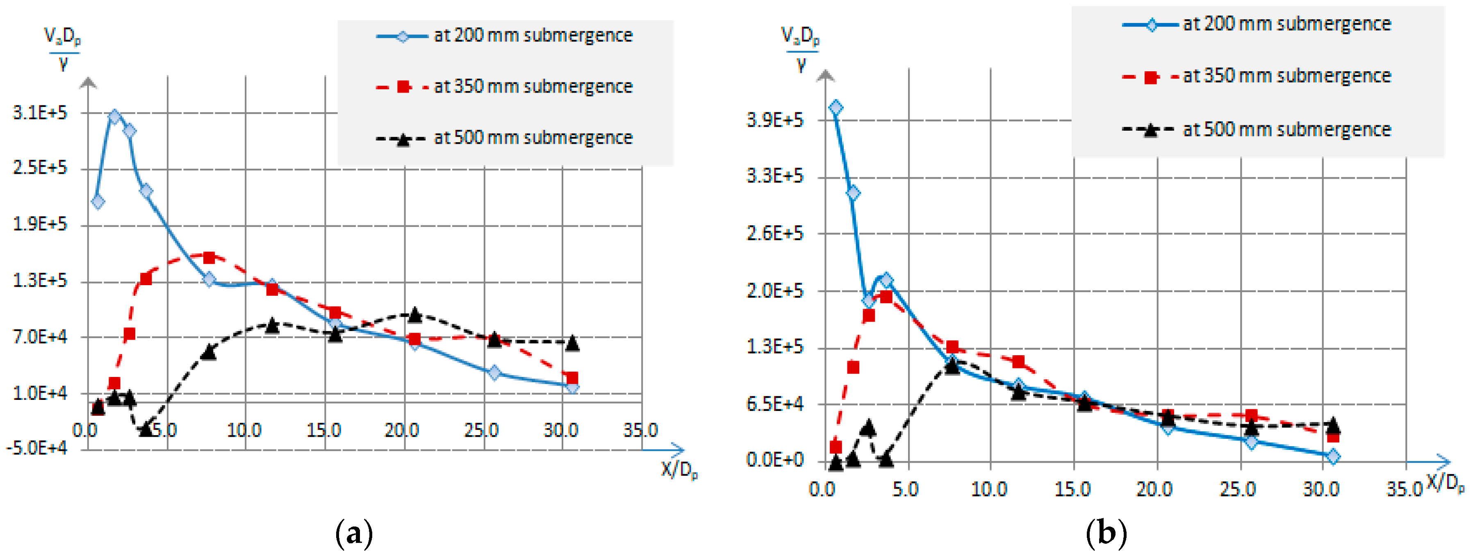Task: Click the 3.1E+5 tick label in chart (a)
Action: click(39, 113)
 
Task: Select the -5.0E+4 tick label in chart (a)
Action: click(36, 448)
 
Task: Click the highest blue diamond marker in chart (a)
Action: click(114, 117)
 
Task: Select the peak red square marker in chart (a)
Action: click(209, 258)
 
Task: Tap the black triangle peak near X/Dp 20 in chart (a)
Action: click(415, 315)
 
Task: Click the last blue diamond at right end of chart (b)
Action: click(1333, 456)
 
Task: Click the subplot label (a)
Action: click(354, 533)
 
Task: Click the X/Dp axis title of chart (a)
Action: click(679, 470)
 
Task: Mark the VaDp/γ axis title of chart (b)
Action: click(801, 50)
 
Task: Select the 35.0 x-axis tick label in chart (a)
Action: click(640, 430)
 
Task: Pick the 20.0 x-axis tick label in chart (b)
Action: click(1154, 490)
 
